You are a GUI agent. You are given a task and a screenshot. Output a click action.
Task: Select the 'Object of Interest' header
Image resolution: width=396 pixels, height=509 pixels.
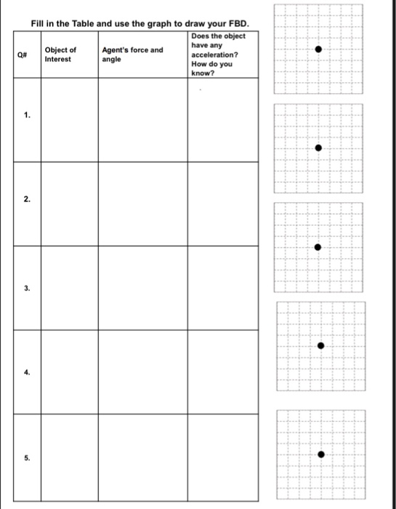(60, 55)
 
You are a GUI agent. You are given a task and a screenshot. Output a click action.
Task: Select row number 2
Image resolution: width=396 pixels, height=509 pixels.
(26, 198)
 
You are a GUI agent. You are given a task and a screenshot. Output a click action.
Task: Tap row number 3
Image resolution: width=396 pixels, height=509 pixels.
(26, 288)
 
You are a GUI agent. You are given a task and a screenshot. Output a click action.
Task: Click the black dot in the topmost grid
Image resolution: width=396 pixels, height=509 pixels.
(318, 49)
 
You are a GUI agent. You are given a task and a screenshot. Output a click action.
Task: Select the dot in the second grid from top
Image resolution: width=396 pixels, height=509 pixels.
(318, 148)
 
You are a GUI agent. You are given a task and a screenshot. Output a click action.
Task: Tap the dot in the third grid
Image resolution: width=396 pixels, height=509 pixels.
(317, 247)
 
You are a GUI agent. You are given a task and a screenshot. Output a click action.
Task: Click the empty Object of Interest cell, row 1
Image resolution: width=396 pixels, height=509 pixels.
(69, 119)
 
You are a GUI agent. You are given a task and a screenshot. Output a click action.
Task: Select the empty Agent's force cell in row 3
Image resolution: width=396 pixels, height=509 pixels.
(142, 288)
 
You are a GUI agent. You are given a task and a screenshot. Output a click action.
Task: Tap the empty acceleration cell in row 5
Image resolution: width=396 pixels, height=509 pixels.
(222, 457)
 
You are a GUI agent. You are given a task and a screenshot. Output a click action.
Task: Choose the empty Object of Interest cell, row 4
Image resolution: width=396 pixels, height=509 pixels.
(69, 372)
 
